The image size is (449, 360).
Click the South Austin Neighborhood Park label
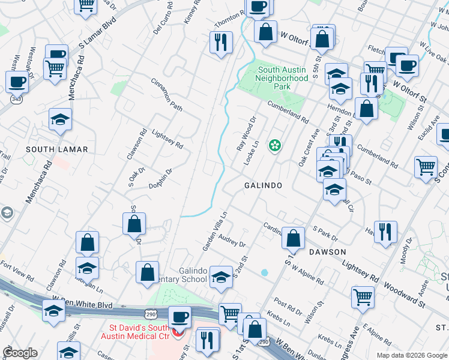click(273, 79)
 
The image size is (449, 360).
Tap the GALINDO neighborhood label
click(263, 185)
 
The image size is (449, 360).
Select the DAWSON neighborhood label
click(328, 252)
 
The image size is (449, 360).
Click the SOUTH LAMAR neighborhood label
click(57, 149)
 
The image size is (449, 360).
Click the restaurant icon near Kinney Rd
click(220, 42)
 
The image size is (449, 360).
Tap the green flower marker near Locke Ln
click(275, 145)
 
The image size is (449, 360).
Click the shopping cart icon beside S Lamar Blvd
click(55, 68)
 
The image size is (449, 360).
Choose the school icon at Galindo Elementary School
click(221, 275)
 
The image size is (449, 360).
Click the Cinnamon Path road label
click(166, 95)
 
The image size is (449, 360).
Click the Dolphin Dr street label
click(161, 179)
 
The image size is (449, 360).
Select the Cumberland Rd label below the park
click(288, 112)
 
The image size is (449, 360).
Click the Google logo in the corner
click(20, 353)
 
